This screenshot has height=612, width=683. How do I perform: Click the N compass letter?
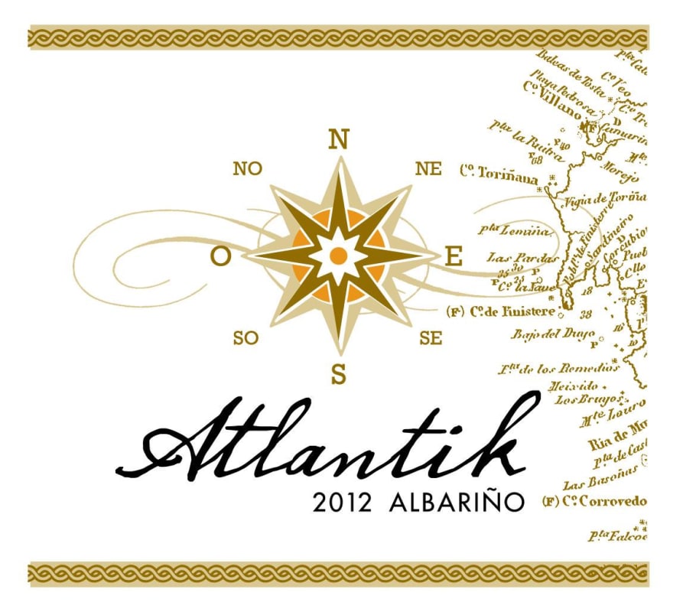[x=339, y=139]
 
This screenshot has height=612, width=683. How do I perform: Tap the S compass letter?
[x=339, y=374]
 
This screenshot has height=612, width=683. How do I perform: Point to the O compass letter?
[x=220, y=258]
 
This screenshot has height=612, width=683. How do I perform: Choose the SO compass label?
[x=246, y=337]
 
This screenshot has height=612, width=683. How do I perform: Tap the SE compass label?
[x=431, y=337]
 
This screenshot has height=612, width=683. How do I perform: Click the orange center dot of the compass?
[x=339, y=255]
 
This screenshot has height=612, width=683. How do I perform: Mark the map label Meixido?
[x=574, y=386]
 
